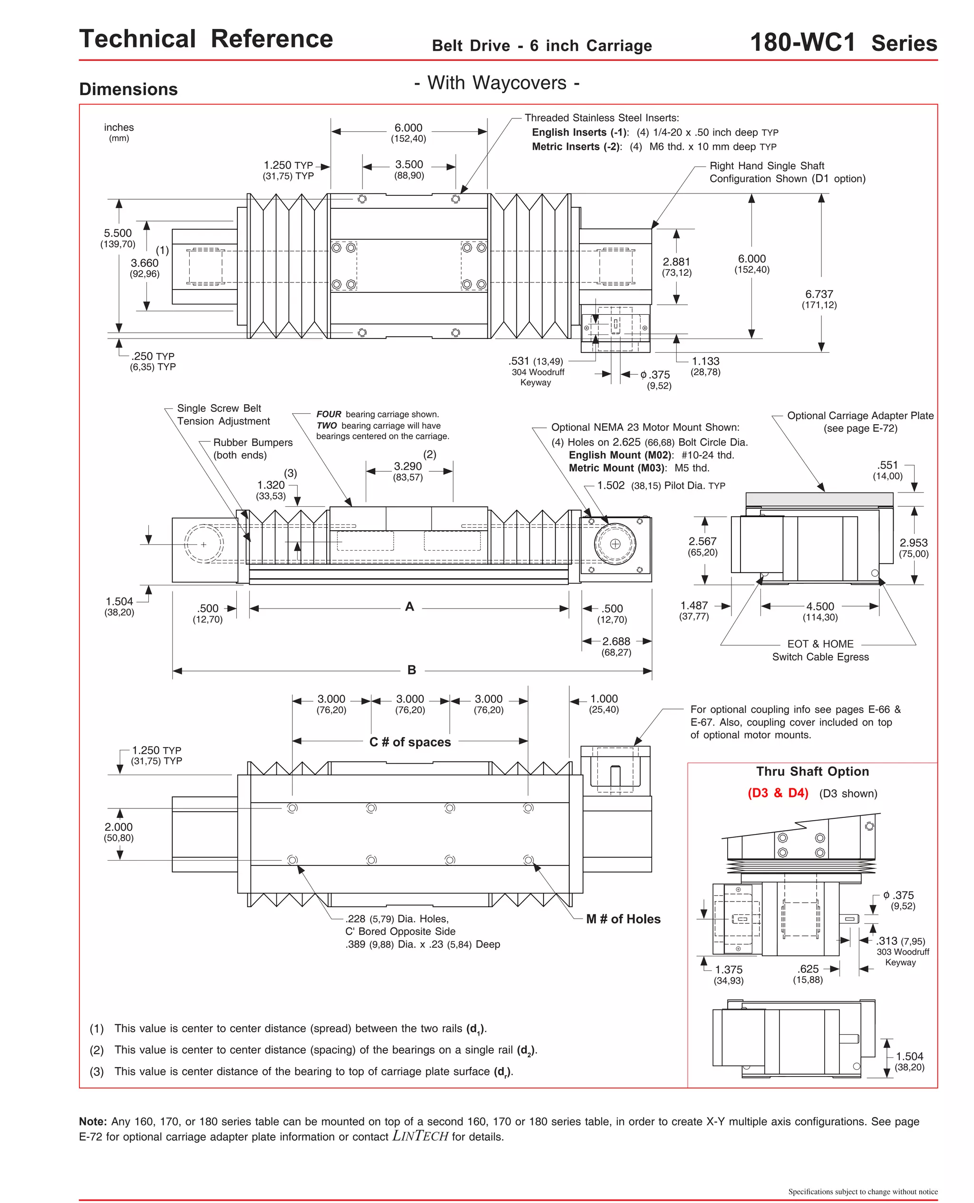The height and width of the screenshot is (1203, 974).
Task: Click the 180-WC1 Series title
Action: click(843, 43)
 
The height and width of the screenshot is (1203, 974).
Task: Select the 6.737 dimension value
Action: click(818, 294)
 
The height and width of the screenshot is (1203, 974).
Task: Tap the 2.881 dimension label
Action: click(676, 262)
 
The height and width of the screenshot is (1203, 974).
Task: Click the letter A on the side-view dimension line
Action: click(409, 606)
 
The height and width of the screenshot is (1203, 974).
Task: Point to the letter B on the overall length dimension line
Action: click(412, 669)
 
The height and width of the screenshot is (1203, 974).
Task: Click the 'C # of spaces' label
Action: click(409, 741)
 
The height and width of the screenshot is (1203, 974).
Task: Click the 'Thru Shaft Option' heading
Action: click(812, 771)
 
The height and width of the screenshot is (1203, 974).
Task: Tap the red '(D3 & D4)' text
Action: click(778, 793)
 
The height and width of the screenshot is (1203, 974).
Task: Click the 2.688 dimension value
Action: click(616, 641)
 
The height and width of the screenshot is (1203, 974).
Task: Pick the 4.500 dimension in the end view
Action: click(820, 606)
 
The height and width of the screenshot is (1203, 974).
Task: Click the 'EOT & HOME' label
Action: click(820, 644)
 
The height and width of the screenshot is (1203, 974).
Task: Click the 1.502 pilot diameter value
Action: click(611, 485)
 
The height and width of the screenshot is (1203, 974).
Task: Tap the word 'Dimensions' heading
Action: click(128, 89)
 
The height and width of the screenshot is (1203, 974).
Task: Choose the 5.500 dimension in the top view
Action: click(118, 233)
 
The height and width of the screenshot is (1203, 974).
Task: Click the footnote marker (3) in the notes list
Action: click(97, 1071)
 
